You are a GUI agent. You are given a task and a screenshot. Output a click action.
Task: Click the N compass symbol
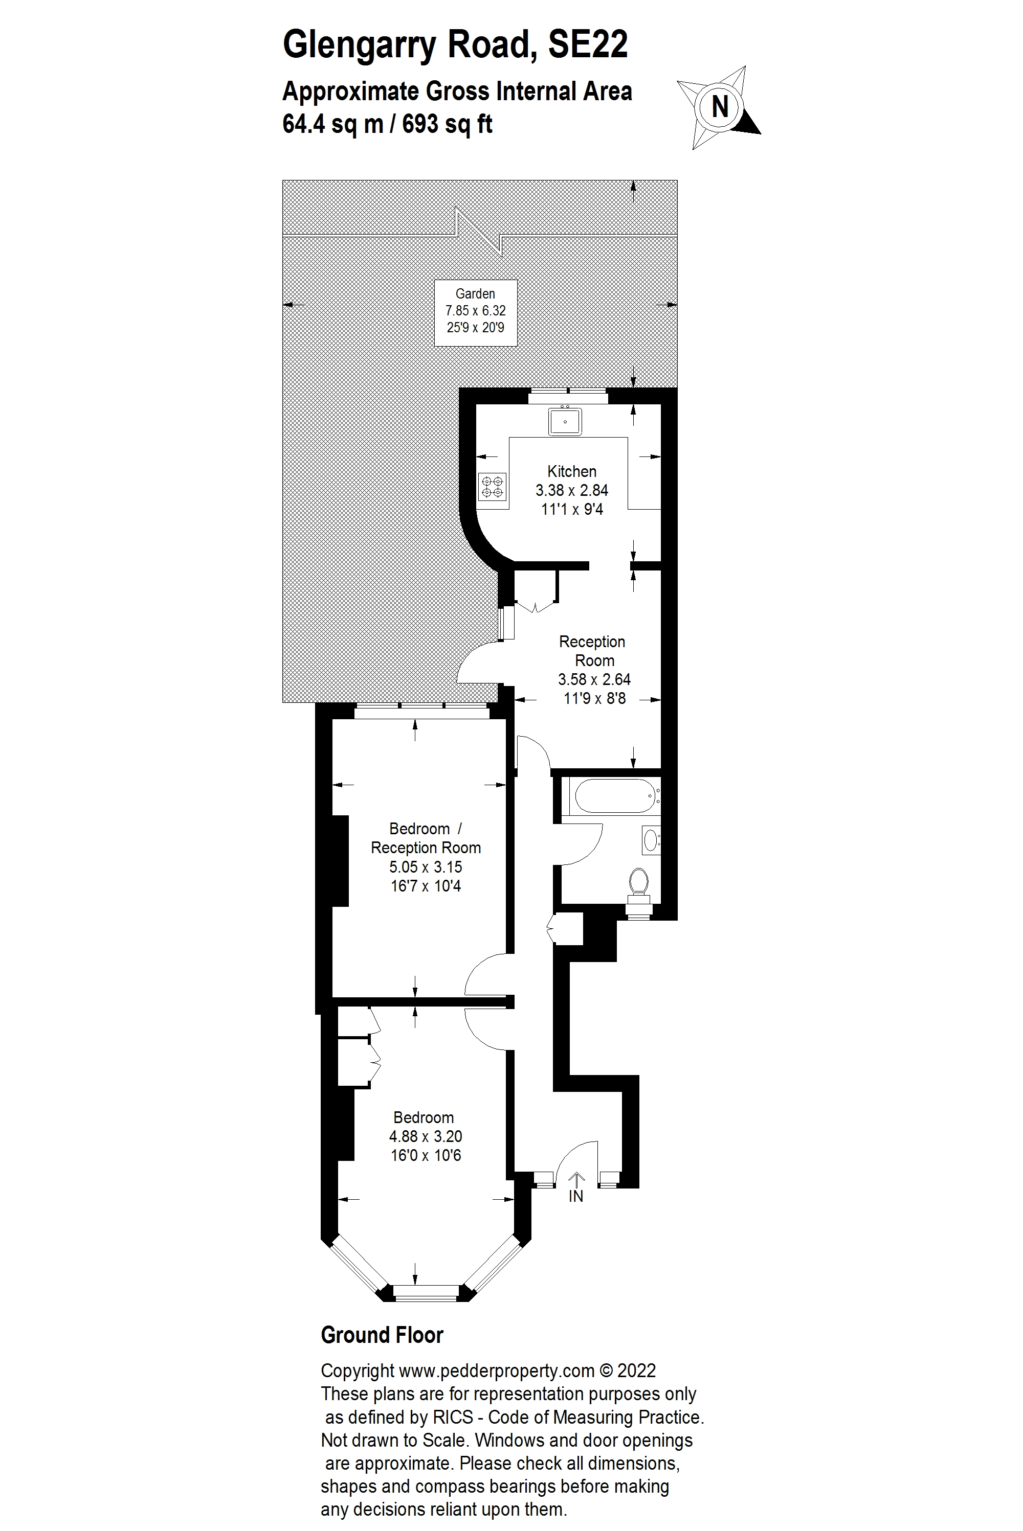[x=720, y=106]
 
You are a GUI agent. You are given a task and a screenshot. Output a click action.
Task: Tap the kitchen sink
[x=565, y=421]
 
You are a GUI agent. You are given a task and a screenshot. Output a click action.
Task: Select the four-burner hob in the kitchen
[x=492, y=487]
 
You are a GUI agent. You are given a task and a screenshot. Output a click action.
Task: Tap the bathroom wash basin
[x=651, y=840]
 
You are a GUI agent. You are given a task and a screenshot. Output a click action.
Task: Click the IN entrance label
[x=575, y=1197]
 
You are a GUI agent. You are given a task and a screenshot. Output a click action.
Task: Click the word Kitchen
[x=571, y=471]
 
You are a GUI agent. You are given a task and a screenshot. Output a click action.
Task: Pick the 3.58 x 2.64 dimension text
[x=594, y=680]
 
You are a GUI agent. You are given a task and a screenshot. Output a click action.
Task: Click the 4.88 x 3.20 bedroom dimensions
[x=426, y=1136]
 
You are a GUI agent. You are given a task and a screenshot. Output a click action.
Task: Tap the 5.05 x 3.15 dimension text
[x=426, y=867]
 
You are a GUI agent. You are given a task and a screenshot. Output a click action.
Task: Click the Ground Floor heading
[x=382, y=1335]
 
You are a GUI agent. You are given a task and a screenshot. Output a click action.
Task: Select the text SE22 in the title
[x=588, y=44]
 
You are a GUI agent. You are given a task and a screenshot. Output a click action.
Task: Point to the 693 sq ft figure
[x=447, y=124]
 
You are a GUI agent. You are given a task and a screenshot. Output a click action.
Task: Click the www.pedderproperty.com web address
[x=497, y=1370]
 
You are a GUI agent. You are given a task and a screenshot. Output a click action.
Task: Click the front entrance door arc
[x=577, y=1160]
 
